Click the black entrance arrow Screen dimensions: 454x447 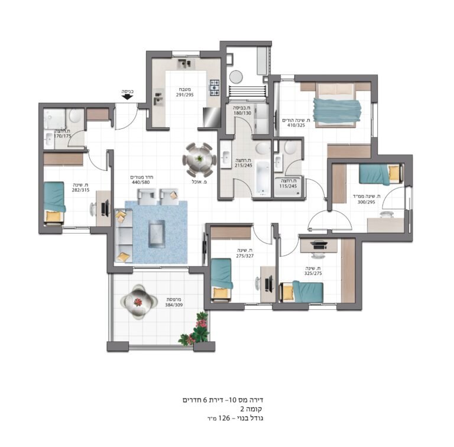tap(127, 97)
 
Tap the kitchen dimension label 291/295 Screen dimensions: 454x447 tap(184, 95)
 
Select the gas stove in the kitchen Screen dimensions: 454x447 tap(215, 88)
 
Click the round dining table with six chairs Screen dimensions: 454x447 tap(199, 160)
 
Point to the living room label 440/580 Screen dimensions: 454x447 tap(141, 182)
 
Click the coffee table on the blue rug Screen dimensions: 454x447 tap(157, 234)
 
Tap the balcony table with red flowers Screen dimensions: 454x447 tap(138, 302)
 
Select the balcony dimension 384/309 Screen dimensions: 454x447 tap(174, 305)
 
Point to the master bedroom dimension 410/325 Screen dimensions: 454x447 tap(296, 125)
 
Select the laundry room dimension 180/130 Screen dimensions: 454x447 tap(242, 113)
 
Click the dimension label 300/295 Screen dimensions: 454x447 tap(367, 202)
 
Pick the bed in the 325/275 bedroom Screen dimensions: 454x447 tap(301, 291)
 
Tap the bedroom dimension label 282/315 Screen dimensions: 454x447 tap(81, 190)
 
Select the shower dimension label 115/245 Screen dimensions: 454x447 tap(288, 186)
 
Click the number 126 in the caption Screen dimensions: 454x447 tap(224, 418)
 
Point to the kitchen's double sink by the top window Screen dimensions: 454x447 tap(184, 64)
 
